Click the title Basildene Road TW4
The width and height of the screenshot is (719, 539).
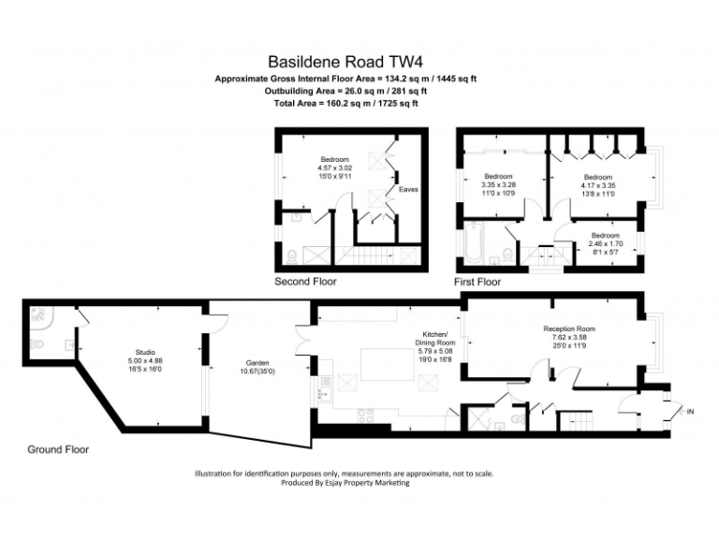click(x=345, y=59)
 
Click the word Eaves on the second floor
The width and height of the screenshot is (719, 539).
click(x=408, y=190)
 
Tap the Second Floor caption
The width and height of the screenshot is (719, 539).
click(x=305, y=282)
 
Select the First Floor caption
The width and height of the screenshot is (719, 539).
click(x=477, y=282)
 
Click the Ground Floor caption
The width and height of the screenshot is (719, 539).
click(x=58, y=449)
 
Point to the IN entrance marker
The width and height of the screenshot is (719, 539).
click(x=690, y=412)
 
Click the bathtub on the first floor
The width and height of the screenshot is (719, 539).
click(x=474, y=244)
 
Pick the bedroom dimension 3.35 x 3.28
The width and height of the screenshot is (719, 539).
click(x=499, y=184)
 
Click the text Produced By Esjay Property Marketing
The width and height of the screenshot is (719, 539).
click(x=345, y=483)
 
